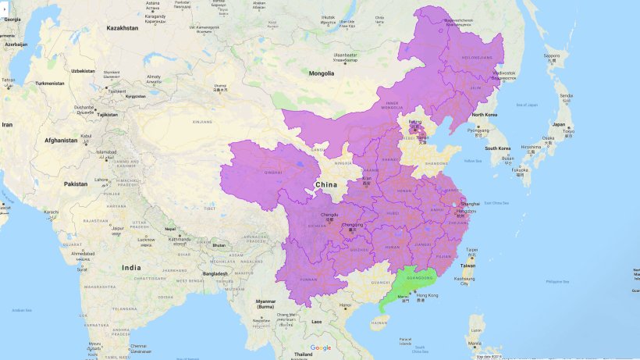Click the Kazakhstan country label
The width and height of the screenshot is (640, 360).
(x=123, y=28)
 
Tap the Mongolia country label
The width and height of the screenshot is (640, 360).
(x=322, y=73)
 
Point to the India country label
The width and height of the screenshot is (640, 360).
(x=131, y=268)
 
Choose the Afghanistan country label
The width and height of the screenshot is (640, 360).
(x=60, y=141)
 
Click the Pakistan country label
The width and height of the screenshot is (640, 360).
(x=76, y=184)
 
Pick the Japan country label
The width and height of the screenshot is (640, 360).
(x=559, y=124)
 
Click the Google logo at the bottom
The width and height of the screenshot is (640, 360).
(x=321, y=348)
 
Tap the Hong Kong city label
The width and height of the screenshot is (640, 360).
(x=428, y=295)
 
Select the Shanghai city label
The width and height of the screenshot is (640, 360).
(x=470, y=203)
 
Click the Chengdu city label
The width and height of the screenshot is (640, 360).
(x=329, y=213)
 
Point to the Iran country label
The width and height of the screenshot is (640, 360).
(x=7, y=124)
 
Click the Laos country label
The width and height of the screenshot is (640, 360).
(x=316, y=322)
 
